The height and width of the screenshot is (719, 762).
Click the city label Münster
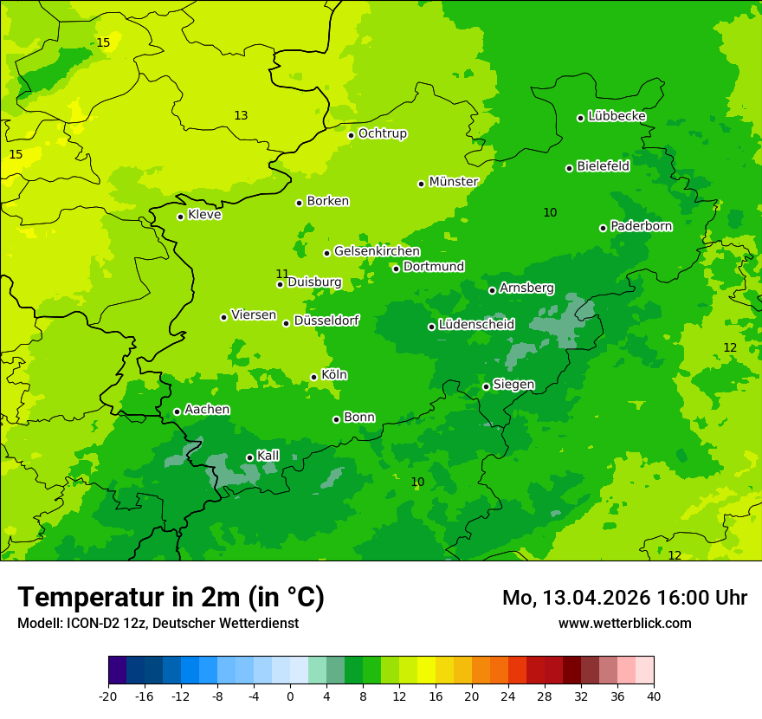coord(453,182)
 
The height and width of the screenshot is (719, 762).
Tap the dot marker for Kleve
coord(180,217)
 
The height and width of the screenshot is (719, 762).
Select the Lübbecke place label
coord(617,116)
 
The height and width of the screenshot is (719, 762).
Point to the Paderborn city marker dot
coord(603,228)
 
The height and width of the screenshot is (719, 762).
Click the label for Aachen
coord(207,410)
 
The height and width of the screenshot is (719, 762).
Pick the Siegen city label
coord(513,385)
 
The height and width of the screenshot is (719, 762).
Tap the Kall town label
coord(268,456)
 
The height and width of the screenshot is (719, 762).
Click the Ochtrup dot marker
coord(351,135)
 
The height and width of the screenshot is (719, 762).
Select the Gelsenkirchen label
coord(377,251)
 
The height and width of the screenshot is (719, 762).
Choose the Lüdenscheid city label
coord(476,325)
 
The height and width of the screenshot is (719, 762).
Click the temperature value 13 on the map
coord(241,115)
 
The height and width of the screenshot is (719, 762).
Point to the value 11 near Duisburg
coord(282,274)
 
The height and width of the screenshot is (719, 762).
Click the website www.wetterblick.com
coord(624,623)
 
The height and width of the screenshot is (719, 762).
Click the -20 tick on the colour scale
coord(108,696)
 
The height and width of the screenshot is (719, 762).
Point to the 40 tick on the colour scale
coord(654,696)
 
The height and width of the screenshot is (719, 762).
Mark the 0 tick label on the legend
coord(290,696)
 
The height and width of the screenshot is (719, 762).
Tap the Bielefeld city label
coord(603,166)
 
